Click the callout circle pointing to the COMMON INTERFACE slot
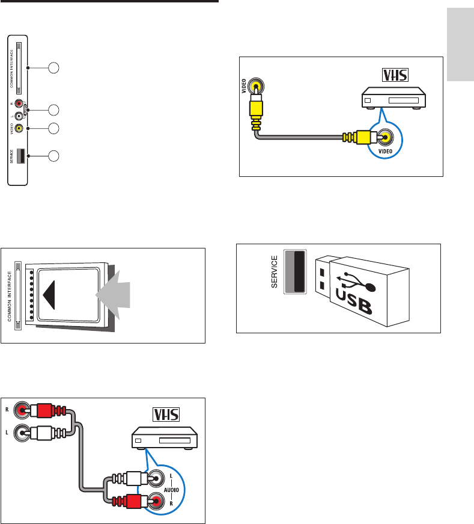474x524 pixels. click(54, 68)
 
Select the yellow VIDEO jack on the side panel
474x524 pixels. click(20, 128)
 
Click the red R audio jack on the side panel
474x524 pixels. click(20, 103)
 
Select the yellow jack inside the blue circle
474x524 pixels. click(384, 137)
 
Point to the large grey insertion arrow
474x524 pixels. click(119, 295)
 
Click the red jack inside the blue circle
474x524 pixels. click(157, 499)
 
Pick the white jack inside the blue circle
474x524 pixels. click(157, 479)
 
